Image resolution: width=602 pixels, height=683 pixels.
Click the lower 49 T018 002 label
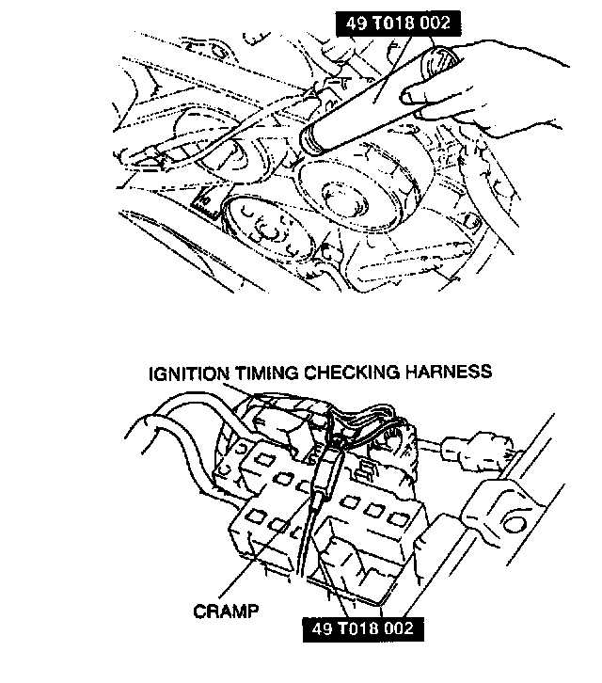pos(358,626)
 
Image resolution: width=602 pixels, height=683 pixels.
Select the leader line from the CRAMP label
pos(273,555)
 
